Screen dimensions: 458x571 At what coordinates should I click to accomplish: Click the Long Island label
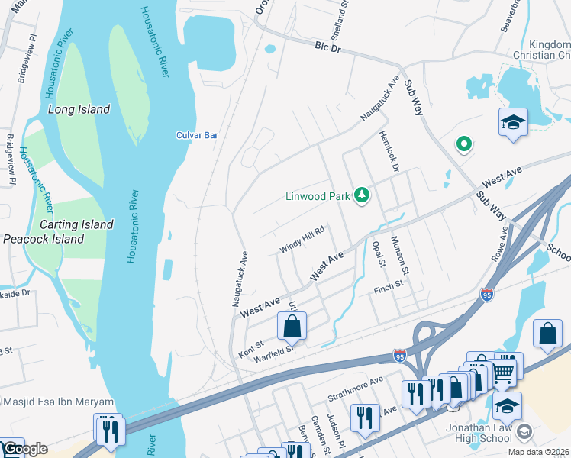pos(79,109)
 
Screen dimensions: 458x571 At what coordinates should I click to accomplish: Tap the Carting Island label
pos(76,224)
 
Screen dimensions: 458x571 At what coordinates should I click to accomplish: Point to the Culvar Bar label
pos(197,135)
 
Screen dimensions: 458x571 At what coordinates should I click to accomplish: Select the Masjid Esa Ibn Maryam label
pos(58,402)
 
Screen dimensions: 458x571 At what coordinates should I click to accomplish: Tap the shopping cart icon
pos(502,372)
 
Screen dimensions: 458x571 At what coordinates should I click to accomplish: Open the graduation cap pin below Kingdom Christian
pos(513,122)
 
